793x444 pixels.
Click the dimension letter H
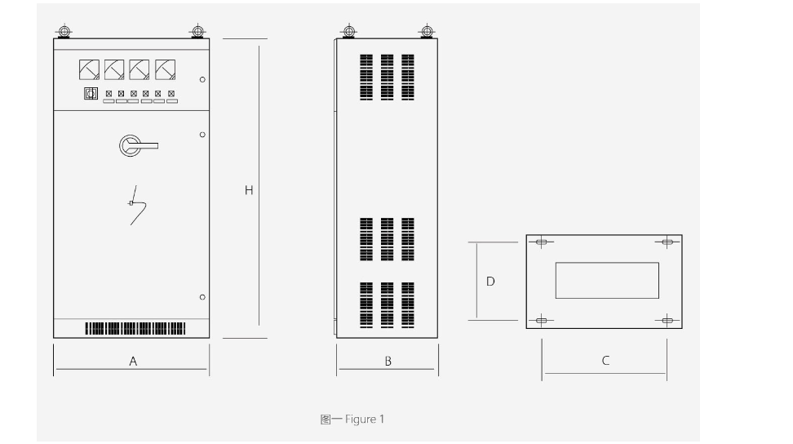click(x=249, y=190)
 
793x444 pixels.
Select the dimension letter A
click(x=133, y=361)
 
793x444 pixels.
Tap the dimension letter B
click(x=388, y=361)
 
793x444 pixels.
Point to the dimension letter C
click(x=605, y=361)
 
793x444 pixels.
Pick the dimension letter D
click(x=490, y=281)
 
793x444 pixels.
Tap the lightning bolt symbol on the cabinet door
click(x=136, y=205)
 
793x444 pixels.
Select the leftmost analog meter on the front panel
click(x=89, y=70)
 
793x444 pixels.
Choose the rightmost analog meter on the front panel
click(x=166, y=70)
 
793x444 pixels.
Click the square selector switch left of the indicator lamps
click(x=91, y=94)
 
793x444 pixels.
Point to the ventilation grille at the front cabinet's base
click(x=135, y=329)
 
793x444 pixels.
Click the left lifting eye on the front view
click(x=64, y=31)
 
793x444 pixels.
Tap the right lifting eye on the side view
click(x=427, y=31)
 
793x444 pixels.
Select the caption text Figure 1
click(x=365, y=420)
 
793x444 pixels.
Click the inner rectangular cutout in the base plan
click(x=607, y=280)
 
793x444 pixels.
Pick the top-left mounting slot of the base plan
click(x=541, y=242)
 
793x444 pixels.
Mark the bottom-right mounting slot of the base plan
click(x=667, y=320)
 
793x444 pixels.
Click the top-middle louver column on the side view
click(x=387, y=78)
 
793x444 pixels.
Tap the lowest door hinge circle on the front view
click(x=202, y=297)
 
